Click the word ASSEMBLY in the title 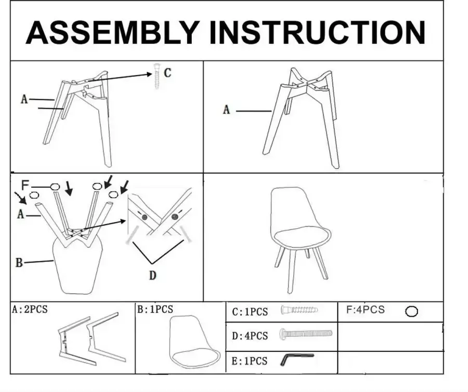(x=112, y=32)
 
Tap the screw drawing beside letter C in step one (x=157, y=75)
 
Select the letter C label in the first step (x=167, y=73)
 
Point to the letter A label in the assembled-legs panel (x=226, y=110)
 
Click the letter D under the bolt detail (x=152, y=276)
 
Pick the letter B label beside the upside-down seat (x=19, y=263)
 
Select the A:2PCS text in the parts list (x=30, y=309)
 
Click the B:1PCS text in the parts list (x=155, y=309)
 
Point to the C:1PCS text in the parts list (x=250, y=312)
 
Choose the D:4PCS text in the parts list (x=250, y=336)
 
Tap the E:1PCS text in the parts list (x=250, y=361)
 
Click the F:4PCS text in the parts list (x=366, y=310)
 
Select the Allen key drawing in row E (x=297, y=359)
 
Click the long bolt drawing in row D (x=306, y=333)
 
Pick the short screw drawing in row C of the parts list (x=299, y=310)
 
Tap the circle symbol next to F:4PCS (x=412, y=311)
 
